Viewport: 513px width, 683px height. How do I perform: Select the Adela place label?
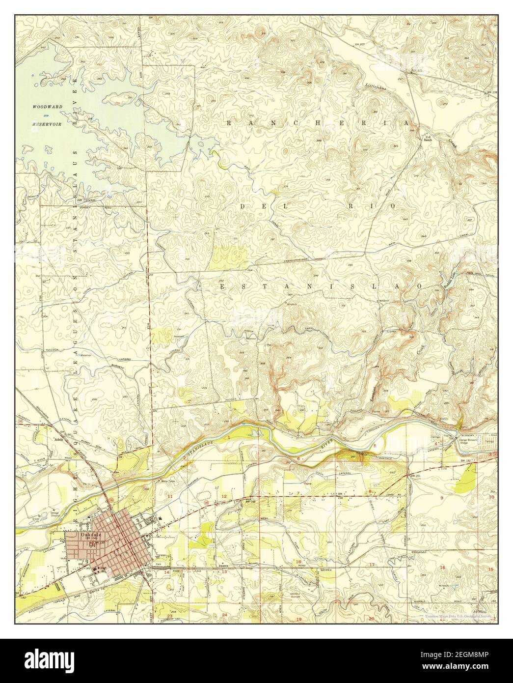tap(60, 440)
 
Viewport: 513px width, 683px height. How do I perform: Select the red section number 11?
tap(169, 497)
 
